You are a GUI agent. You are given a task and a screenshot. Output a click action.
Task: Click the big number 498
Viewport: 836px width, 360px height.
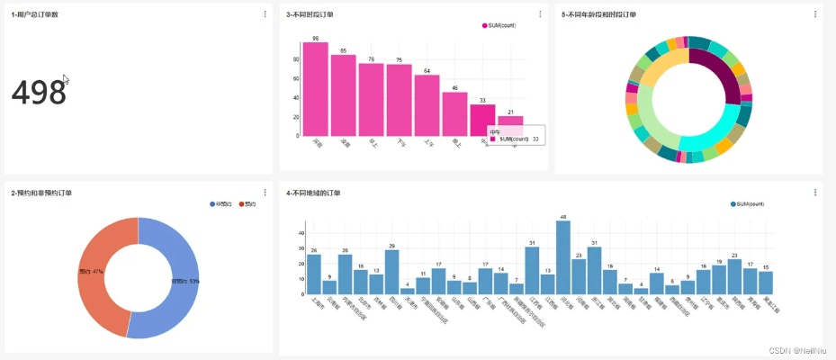coord(39,93)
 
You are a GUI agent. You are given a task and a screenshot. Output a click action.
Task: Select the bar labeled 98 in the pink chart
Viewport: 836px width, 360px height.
coord(316,90)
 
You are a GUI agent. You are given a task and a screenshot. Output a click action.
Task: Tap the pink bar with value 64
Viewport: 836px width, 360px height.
coord(427,105)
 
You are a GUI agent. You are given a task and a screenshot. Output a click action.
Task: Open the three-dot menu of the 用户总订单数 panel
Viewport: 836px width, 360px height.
coord(265,13)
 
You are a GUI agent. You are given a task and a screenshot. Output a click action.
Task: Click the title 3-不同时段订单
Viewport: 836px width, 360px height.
coord(310,14)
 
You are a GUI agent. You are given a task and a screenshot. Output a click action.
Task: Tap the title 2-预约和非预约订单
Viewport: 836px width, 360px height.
coord(42,193)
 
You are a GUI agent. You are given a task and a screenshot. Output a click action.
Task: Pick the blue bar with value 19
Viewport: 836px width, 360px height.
coord(718,280)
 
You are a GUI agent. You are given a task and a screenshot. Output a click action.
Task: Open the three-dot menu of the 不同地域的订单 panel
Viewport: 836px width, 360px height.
coord(814,193)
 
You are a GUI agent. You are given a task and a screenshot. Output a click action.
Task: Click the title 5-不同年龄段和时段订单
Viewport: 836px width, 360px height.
coord(598,14)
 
